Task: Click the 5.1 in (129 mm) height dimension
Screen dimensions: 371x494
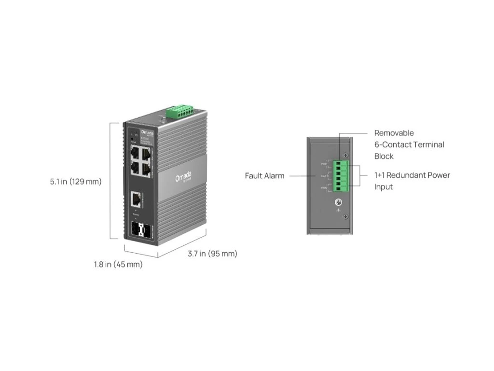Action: pyautogui.click(x=76, y=182)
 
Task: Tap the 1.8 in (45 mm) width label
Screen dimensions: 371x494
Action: pyautogui.click(x=118, y=264)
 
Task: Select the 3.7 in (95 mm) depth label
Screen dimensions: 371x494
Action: pyautogui.click(x=212, y=254)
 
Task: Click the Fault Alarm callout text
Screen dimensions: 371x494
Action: pyautogui.click(x=264, y=176)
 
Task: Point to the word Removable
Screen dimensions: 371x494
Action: pyautogui.click(x=394, y=133)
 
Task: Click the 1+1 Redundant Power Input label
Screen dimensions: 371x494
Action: pyautogui.click(x=412, y=181)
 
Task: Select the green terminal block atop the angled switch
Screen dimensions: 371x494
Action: pyautogui.click(x=179, y=112)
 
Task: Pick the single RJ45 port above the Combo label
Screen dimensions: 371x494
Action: pyautogui.click(x=136, y=199)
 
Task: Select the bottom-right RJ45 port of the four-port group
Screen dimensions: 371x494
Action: pyautogui.click(x=146, y=169)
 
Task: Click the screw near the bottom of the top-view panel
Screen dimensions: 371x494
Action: pyautogui.click(x=345, y=217)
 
